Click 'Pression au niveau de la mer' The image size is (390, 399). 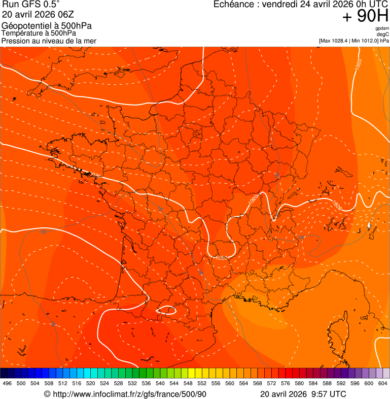[x=49, y=41]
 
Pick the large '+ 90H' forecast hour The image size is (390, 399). [x=365, y=16]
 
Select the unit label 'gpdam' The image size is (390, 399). [x=382, y=28]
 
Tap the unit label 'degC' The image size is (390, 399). [x=383, y=35]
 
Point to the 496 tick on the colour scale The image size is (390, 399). [x=7, y=383]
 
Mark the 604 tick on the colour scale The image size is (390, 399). [x=383, y=383]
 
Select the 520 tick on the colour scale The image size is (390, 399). [x=91, y=383]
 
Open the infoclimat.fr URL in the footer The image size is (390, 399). [x=129, y=394]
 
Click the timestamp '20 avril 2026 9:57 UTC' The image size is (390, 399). [x=303, y=394]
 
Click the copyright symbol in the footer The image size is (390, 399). [x=47, y=394]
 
